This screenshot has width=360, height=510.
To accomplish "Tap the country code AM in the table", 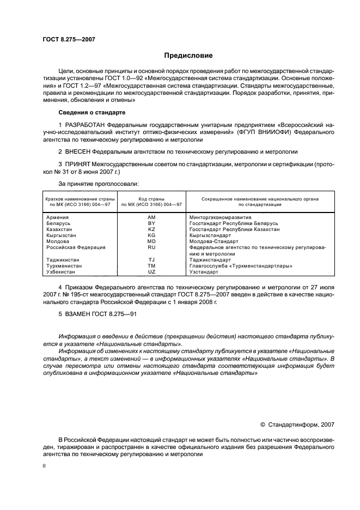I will [x=151, y=217].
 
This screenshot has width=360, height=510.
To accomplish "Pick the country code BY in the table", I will [x=151, y=223].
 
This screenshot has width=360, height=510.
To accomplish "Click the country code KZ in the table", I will [x=151, y=229].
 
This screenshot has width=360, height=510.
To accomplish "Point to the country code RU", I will [x=151, y=247].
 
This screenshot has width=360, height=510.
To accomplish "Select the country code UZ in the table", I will [x=151, y=271].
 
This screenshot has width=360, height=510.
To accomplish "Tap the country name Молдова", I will [x=58, y=241].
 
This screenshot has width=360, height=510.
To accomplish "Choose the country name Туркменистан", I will [x=64, y=265].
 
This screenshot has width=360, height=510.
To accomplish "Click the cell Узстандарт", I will [x=205, y=271].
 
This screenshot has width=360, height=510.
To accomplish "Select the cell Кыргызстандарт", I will [x=212, y=235].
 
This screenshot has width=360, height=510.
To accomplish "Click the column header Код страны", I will [x=151, y=198].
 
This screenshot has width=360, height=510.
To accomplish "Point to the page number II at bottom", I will [x=45, y=466].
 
